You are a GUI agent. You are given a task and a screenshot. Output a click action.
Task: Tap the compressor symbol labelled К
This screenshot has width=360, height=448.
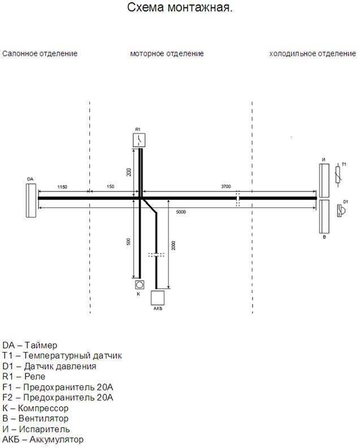[x=140, y=285]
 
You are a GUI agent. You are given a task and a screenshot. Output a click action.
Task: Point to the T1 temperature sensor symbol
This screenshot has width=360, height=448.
[x=338, y=177]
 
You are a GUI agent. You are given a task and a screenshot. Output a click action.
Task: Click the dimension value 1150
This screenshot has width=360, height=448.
[x=62, y=187]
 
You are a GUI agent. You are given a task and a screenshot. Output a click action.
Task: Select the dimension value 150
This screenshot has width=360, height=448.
[x=110, y=186]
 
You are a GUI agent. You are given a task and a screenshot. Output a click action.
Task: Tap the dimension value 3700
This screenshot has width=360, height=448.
[x=225, y=186]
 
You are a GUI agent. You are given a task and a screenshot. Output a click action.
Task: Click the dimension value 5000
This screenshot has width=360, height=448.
[x=181, y=212]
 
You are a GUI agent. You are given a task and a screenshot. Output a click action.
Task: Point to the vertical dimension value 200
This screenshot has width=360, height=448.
[x=129, y=172]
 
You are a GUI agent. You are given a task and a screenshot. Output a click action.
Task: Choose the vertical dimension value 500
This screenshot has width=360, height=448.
[x=129, y=242]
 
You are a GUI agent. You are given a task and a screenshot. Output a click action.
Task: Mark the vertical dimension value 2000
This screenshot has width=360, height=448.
[x=174, y=246]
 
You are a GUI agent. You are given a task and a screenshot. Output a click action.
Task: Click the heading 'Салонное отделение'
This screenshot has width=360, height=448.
[x=40, y=54]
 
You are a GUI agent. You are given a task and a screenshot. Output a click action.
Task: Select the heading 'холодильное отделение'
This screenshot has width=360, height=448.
[x=313, y=54]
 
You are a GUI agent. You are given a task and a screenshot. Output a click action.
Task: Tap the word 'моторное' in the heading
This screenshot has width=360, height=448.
[x=147, y=54]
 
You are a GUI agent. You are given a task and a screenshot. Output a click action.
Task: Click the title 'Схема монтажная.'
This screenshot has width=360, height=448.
[x=180, y=7]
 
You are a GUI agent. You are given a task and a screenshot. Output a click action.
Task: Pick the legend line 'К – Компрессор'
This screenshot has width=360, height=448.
[x=36, y=408]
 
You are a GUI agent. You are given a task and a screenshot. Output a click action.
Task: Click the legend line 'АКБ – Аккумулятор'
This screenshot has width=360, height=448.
[x=43, y=439]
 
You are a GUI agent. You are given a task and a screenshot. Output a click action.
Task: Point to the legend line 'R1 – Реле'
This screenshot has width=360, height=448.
[x=24, y=377]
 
